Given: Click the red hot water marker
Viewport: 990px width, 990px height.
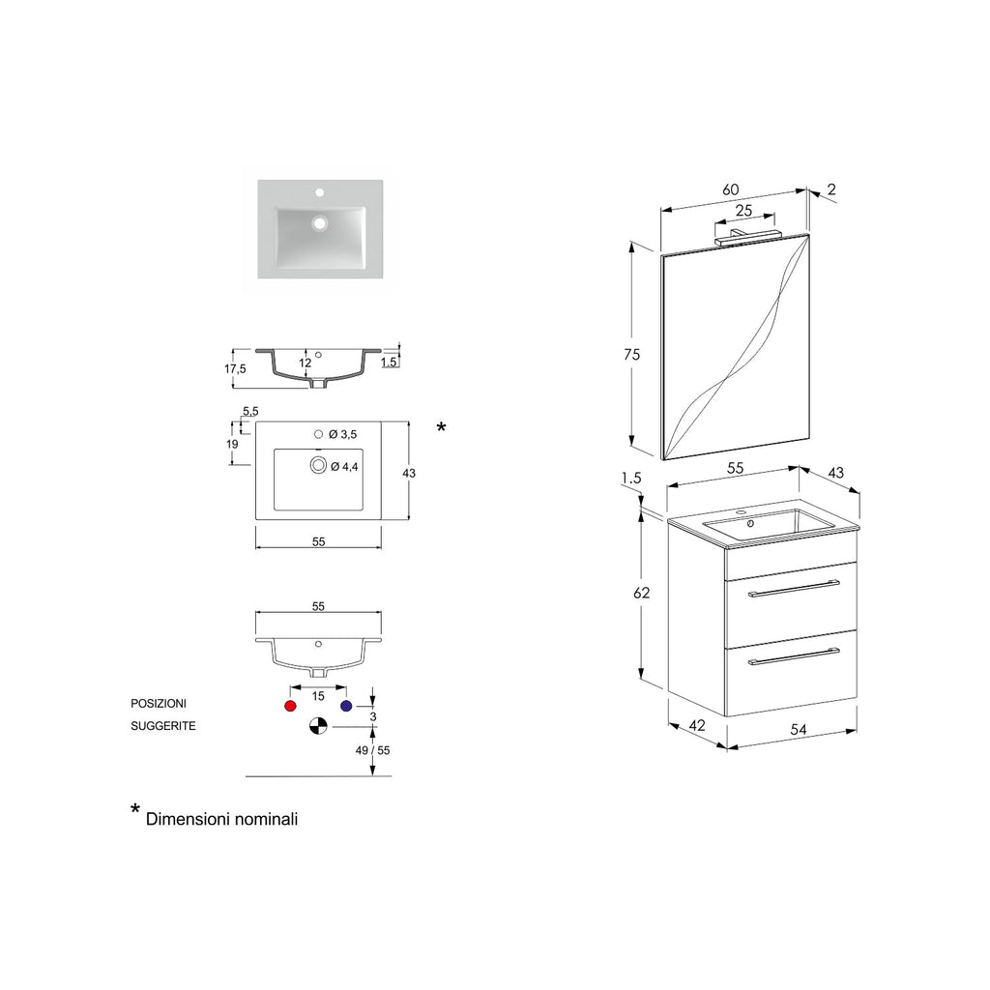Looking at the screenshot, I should [290, 707].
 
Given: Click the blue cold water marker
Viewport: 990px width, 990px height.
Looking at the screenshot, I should [345, 707].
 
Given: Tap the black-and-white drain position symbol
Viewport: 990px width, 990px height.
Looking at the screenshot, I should [317, 726].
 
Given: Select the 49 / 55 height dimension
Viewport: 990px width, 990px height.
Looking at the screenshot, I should [372, 750].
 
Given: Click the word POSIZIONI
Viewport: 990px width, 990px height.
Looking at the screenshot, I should [159, 704].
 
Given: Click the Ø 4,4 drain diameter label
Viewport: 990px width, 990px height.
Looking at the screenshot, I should [345, 467].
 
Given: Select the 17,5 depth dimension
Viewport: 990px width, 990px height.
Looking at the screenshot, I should [236, 368].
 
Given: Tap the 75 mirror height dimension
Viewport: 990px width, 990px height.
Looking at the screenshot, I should [631, 354].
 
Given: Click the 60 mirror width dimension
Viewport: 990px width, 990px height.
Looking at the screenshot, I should [732, 189].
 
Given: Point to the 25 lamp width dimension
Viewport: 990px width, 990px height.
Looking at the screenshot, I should [743, 210].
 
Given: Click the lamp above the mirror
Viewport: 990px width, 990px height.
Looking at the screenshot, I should [746, 232].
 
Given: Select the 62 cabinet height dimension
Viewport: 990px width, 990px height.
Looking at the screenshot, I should [641, 594].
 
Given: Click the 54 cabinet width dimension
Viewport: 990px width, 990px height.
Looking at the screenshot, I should [799, 730].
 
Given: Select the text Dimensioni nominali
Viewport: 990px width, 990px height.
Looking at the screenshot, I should [221, 819].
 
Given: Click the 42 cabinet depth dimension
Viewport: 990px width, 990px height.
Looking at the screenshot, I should [696, 725].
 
